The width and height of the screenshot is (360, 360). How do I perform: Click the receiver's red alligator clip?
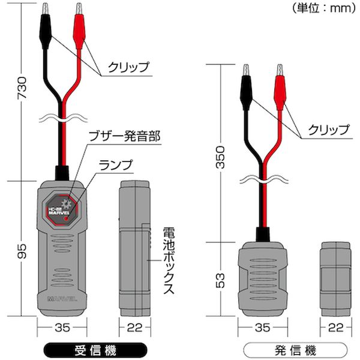click(x=79, y=24)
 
